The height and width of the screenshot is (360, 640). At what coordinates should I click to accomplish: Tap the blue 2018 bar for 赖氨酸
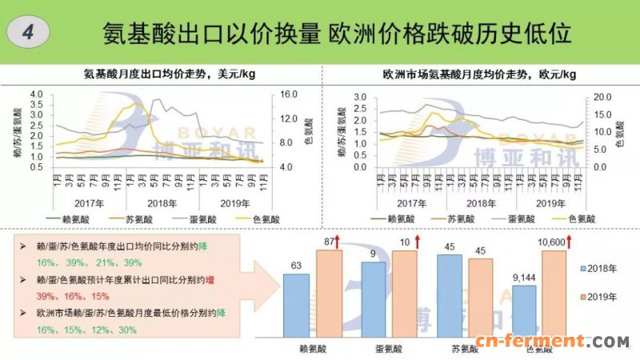(295, 304)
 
